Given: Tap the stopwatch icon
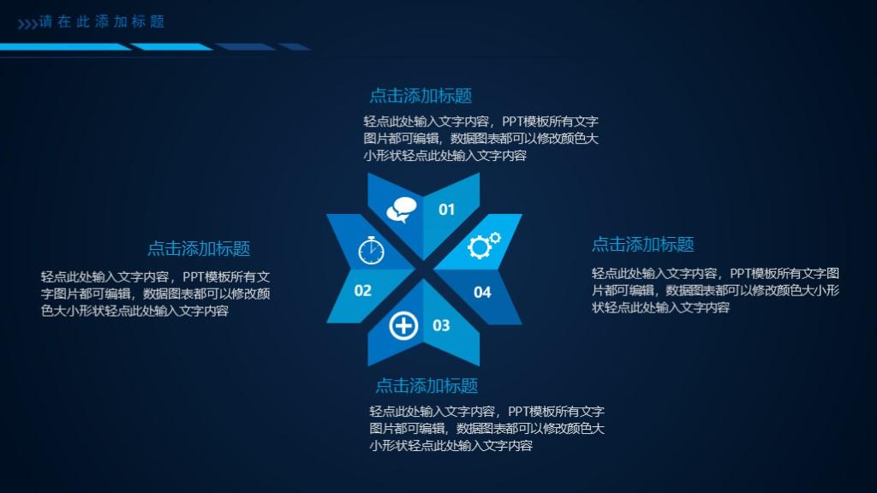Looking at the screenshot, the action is (372, 250).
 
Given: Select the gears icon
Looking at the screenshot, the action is (484, 245).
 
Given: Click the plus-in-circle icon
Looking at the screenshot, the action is (403, 326).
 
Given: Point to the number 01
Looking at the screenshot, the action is (446, 210).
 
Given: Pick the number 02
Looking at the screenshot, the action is (362, 291).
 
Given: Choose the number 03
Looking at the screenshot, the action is (441, 325).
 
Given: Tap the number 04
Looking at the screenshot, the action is (482, 293).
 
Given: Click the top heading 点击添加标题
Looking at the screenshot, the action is (421, 96).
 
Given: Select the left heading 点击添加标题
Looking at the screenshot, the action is (199, 249).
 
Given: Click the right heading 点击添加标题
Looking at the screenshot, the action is (642, 244).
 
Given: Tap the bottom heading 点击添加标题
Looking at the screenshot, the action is (427, 386).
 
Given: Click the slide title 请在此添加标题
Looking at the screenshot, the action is (102, 21).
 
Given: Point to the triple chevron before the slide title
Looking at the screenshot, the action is (27, 24).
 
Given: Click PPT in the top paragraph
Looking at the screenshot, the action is (514, 122).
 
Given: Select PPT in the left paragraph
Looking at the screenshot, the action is (194, 277).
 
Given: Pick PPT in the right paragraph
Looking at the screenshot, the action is (741, 274).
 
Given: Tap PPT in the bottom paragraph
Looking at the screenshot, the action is (519, 412).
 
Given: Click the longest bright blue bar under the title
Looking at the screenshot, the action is (65, 47).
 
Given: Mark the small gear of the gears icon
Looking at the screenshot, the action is (495, 238).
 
